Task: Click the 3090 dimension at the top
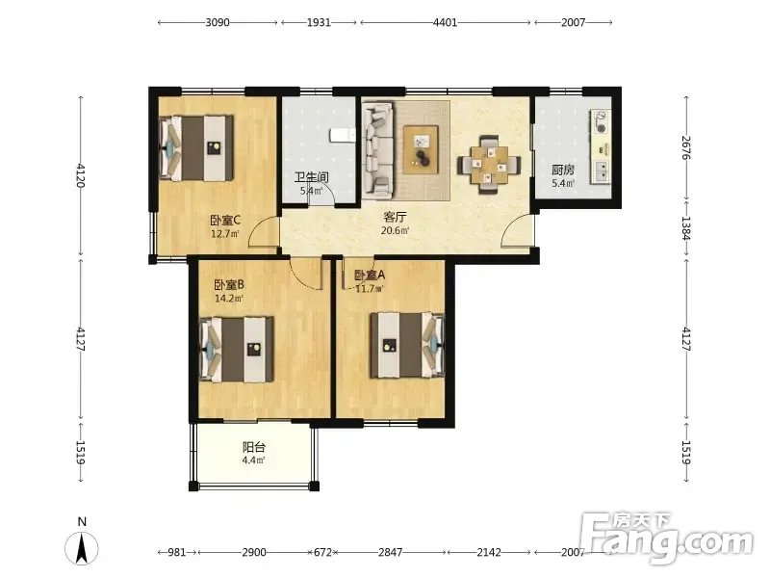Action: [x=218, y=22]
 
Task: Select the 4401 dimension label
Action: [x=446, y=22]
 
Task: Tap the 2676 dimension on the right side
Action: [x=686, y=147]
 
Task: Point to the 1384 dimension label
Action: [x=686, y=228]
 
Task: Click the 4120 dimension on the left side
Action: [x=81, y=175]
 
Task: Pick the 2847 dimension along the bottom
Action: [x=391, y=552]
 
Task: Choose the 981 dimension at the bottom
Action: [x=177, y=552]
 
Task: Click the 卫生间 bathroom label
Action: [x=311, y=177]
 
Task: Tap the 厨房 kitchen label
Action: [x=563, y=171]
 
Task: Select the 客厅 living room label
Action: [x=395, y=218]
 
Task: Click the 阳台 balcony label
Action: [x=254, y=447]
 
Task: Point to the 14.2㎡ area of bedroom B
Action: [x=229, y=299]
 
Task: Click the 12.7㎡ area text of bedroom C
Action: [x=225, y=234]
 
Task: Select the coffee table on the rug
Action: [x=421, y=149]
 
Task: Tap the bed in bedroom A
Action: [x=407, y=346]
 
